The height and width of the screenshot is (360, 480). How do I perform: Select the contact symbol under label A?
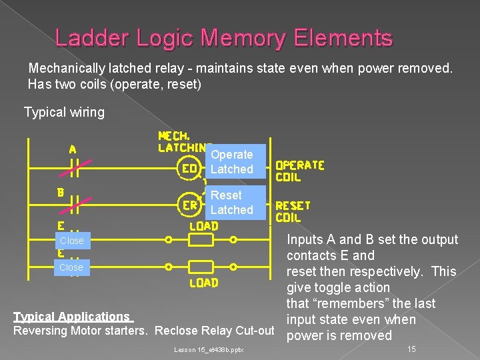click(x=72, y=169)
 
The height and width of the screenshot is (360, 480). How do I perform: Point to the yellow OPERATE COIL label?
click(x=299, y=171)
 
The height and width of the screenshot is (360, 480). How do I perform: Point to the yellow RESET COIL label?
click(x=293, y=211)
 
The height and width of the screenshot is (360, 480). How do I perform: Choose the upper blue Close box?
click(x=71, y=241)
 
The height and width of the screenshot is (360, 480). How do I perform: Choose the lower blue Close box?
click(x=71, y=267)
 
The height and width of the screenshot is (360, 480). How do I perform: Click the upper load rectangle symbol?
click(x=201, y=241)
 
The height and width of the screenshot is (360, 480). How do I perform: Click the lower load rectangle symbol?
click(x=201, y=267)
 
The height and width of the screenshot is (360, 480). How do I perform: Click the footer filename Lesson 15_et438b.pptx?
click(x=209, y=349)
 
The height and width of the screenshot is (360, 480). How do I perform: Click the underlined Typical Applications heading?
click(x=73, y=317)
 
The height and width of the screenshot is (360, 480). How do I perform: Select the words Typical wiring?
click(x=64, y=112)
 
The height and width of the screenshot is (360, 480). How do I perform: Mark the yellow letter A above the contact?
click(x=72, y=149)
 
